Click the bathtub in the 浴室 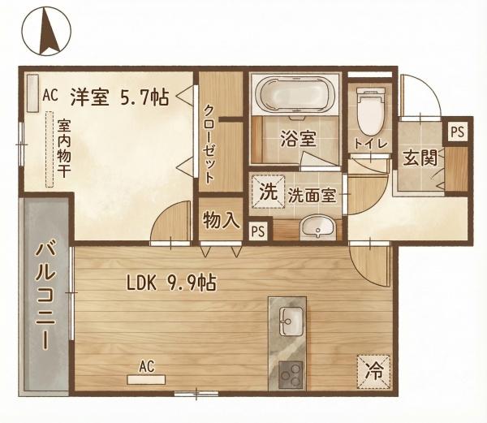(x=292, y=96)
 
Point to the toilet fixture (x=369, y=113)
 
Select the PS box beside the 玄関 (x=458, y=131)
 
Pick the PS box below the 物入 (x=258, y=230)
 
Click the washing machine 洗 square (x=267, y=193)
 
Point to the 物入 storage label (x=221, y=220)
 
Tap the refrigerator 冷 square (x=373, y=373)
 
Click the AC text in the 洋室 (x=50, y=95)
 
